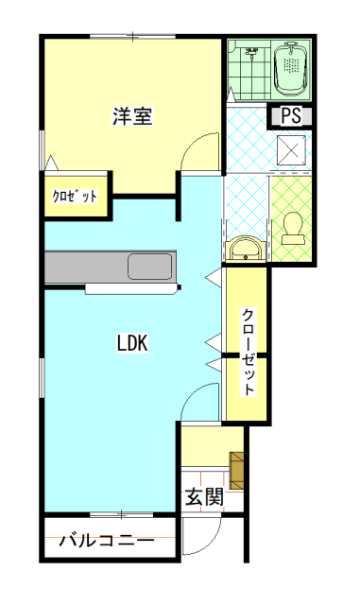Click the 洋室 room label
pos(132,115)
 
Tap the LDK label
pos(132,343)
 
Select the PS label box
pos(291,115)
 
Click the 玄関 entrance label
pos(204,496)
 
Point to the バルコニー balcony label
pos(107,540)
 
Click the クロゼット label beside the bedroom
pos(75,197)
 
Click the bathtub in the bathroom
pos(291,70)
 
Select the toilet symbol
pos(293,229)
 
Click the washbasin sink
pos(246,250)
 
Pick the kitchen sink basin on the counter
pos(150,267)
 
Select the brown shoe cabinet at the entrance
pos(236,470)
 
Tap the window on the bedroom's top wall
pos(132,37)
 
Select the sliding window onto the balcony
pos(122,514)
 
